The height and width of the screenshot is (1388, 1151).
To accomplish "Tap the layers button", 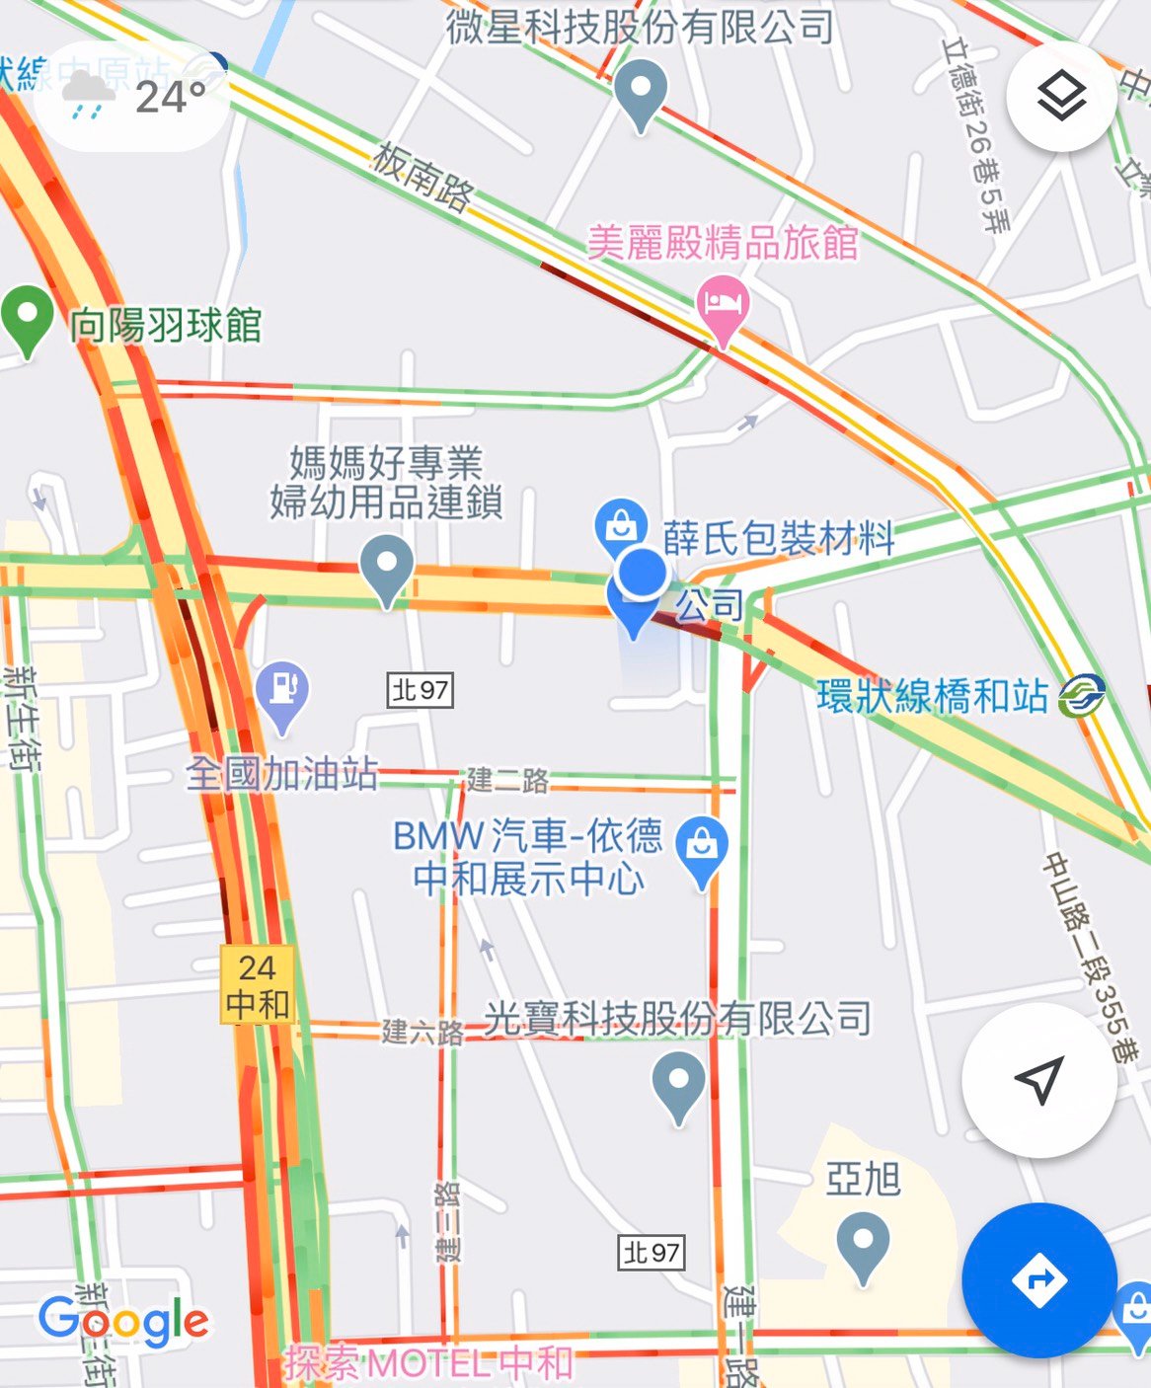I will pyautogui.click(x=1061, y=96).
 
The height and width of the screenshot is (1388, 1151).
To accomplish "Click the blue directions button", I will pyautogui.click(x=1039, y=1280).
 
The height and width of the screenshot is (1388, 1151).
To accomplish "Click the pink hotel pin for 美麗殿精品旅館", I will pyautogui.click(x=723, y=305).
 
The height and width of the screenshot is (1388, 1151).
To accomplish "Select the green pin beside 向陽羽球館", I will pyautogui.click(x=28, y=317).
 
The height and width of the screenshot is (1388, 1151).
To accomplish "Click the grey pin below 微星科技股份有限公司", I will pyautogui.click(x=641, y=91).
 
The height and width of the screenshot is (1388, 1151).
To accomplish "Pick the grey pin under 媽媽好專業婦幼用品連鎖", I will pyautogui.click(x=386, y=567).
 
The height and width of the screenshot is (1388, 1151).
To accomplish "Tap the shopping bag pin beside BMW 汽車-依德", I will pyautogui.click(x=702, y=848).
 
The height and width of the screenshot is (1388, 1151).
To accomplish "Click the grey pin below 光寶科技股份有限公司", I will pyautogui.click(x=679, y=1083).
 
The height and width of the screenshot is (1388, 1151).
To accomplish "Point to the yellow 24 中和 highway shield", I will pyautogui.click(x=258, y=985).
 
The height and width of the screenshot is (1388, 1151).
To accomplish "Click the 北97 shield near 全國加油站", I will pyautogui.click(x=421, y=690).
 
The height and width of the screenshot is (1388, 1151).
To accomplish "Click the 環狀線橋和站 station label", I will pyautogui.click(x=933, y=696).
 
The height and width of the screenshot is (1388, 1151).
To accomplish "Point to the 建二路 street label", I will pyautogui.click(x=507, y=781).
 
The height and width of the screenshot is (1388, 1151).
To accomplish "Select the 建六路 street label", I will pyautogui.click(x=422, y=1033).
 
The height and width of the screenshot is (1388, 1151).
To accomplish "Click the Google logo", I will pyautogui.click(x=124, y=1321).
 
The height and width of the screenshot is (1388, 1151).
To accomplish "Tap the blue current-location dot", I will pyautogui.click(x=643, y=574).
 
